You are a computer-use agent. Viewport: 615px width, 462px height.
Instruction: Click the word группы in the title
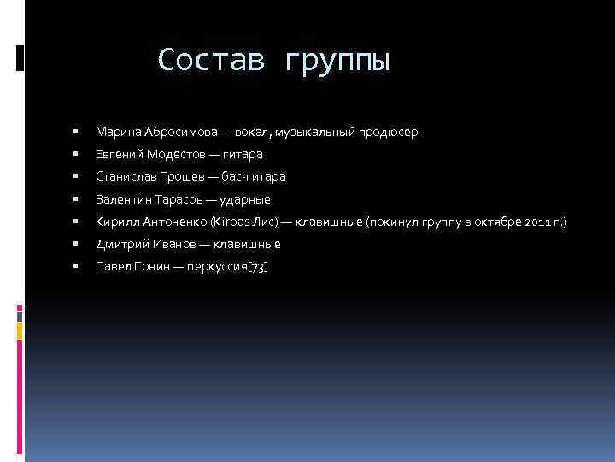click(337, 62)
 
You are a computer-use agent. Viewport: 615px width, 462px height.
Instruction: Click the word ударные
click(245, 199)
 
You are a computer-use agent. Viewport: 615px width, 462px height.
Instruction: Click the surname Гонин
click(151, 266)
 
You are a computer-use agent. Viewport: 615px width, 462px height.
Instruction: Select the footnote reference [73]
click(257, 266)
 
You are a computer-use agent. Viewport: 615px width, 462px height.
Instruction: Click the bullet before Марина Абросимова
click(76, 133)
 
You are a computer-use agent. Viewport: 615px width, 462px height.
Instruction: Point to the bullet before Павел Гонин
click(76, 266)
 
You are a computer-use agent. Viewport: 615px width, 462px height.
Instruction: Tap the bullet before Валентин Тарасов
click(76, 199)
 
